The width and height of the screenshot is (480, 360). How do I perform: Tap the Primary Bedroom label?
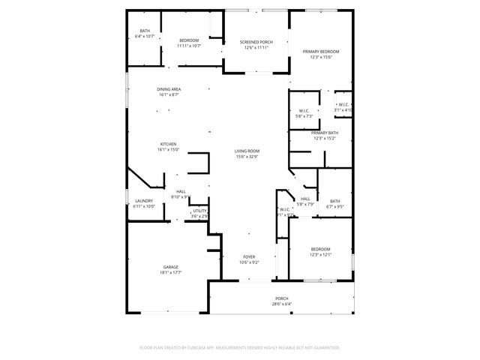tap(321, 52)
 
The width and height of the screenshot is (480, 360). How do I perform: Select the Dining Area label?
tap(169, 89)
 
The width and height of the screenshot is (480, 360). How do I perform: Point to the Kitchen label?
tap(168, 144)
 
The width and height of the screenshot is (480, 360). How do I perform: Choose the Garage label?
tap(171, 267)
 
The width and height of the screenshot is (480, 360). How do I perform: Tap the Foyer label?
tap(249, 256)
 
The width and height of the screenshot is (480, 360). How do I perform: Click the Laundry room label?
tap(144, 200)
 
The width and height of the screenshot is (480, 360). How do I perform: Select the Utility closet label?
tap(199, 211)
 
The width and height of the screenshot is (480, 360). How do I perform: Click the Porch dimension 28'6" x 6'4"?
tap(281, 304)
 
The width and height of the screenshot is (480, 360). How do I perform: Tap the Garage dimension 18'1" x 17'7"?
tap(171, 273)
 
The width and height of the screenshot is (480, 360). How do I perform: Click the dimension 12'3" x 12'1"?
tap(320, 254)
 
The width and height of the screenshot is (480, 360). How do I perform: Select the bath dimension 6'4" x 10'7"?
tap(145, 36)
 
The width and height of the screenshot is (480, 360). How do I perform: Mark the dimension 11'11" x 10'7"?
tap(188, 46)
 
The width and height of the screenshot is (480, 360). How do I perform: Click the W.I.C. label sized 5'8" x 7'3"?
tap(304, 111)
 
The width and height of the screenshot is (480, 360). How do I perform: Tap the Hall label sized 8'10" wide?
tap(181, 191)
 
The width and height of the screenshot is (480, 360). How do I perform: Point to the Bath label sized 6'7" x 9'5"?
tap(334, 200)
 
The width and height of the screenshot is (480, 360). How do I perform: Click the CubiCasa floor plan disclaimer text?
tap(240, 348)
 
